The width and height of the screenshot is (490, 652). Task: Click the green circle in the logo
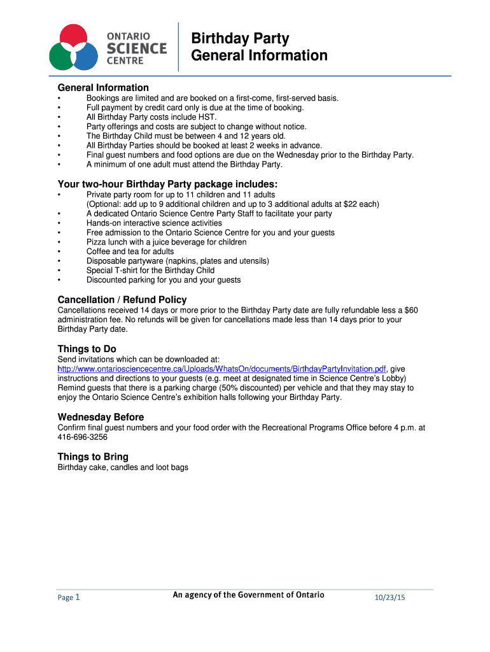tap(61, 57)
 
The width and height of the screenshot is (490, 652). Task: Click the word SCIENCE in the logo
tap(137, 48)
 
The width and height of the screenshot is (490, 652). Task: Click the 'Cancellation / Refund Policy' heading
tap(122, 299)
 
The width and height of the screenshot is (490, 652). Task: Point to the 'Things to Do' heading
tap(87, 349)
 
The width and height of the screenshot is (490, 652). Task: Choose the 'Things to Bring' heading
tap(93, 457)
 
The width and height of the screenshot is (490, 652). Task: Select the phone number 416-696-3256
tap(83, 437)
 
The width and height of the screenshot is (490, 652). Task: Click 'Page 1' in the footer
tap(69, 597)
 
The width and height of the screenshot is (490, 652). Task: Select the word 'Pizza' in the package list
tap(97, 242)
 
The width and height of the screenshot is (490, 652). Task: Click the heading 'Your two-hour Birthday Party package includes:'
tap(167, 185)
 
